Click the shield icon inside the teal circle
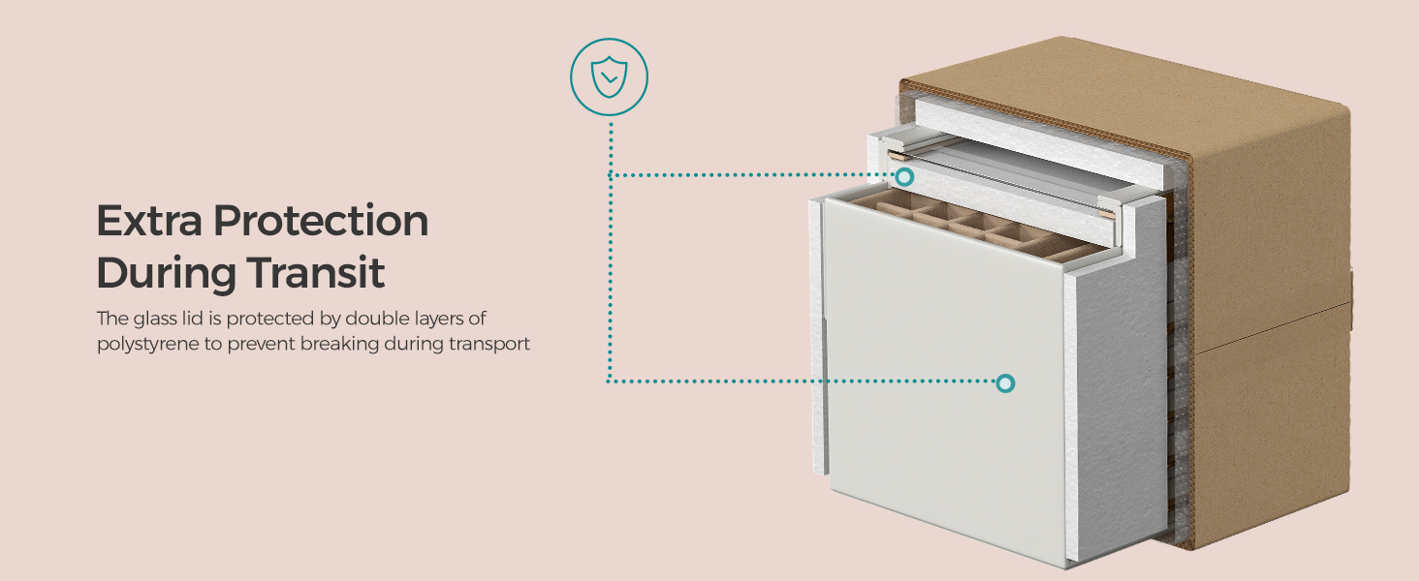(x=609, y=76)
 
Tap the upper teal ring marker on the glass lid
(x=905, y=176)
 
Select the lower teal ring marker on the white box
(x=1005, y=383)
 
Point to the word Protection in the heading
(x=321, y=222)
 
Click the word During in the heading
(x=166, y=273)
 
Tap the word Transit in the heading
(x=315, y=272)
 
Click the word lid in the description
(x=192, y=318)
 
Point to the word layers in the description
(x=440, y=319)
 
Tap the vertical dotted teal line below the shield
(x=610, y=252)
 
